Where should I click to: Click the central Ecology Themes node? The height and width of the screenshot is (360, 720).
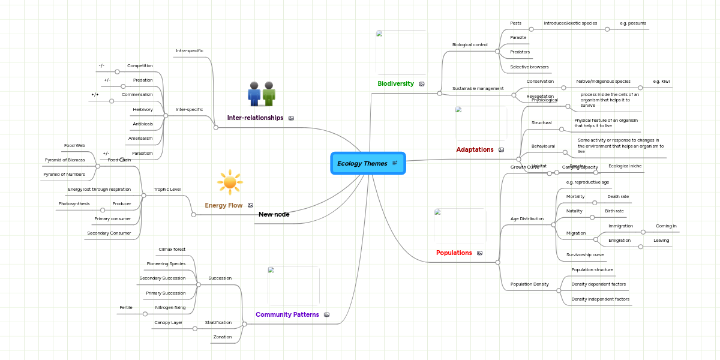pyautogui.click(x=362, y=163)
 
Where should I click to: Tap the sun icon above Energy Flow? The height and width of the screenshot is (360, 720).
pyautogui.click(x=230, y=182)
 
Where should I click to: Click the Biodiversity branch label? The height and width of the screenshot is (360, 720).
pyautogui.click(x=395, y=83)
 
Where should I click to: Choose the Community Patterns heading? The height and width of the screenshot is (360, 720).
pyautogui.click(x=287, y=314)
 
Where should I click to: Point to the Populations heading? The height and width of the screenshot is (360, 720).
pyautogui.click(x=454, y=253)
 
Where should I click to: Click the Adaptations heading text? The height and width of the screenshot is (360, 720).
pyautogui.click(x=475, y=149)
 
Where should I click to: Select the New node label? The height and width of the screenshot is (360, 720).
pyautogui.click(x=274, y=214)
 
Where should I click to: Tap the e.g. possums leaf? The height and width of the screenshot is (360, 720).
pyautogui.click(x=633, y=23)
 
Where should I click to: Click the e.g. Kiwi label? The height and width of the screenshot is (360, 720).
pyautogui.click(x=661, y=81)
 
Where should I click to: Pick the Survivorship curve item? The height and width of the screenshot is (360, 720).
pyautogui.click(x=585, y=254)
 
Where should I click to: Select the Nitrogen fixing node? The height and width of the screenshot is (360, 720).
pyautogui.click(x=170, y=307)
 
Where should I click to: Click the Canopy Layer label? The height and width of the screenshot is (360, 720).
pyautogui.click(x=168, y=322)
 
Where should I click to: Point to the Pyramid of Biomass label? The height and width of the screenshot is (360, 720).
pyautogui.click(x=65, y=160)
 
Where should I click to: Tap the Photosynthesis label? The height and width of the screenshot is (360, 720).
pyautogui.click(x=74, y=203)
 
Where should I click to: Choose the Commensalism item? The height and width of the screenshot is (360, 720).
pyautogui.click(x=137, y=94)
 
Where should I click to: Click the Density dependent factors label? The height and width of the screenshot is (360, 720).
pyautogui.click(x=598, y=284)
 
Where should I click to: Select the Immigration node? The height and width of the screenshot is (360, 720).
pyautogui.click(x=620, y=226)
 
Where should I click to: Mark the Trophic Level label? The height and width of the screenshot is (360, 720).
pyautogui.click(x=167, y=189)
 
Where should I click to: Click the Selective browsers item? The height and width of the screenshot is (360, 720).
pyautogui.click(x=529, y=67)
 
